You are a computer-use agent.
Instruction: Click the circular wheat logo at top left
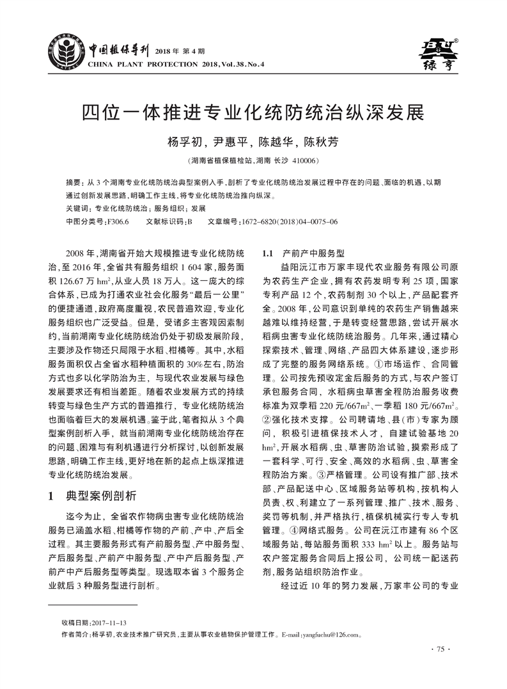[x=66, y=48]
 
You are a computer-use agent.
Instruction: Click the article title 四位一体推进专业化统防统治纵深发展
[x=253, y=112]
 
